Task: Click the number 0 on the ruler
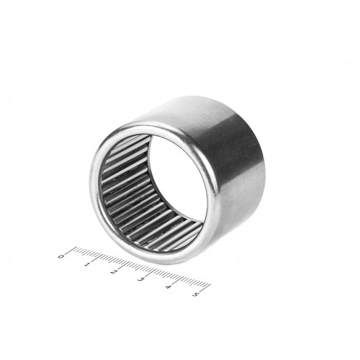click(x=61, y=256)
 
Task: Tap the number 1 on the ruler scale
click(x=86, y=264)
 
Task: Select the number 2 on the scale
click(x=114, y=271)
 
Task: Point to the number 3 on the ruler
click(x=140, y=279)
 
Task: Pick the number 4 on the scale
click(x=168, y=287)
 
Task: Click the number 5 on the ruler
click(x=195, y=294)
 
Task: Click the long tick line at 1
click(x=97, y=258)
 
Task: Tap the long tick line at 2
click(x=124, y=265)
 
